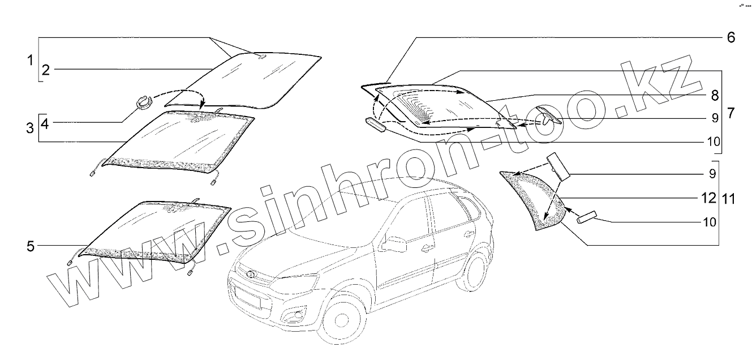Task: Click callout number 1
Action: [31, 59]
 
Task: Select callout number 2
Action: [46, 70]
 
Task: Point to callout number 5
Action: [31, 246]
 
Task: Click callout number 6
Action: [730, 37]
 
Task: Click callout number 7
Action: [730, 113]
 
